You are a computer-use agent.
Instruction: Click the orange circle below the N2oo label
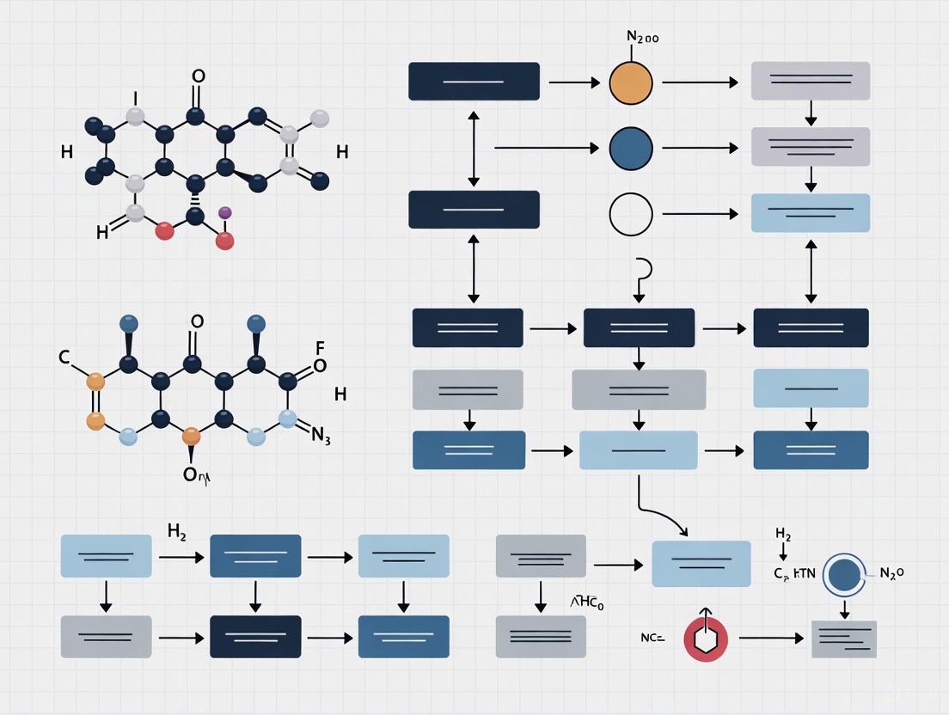[x=631, y=82]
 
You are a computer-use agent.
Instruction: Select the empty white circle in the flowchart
[x=631, y=214]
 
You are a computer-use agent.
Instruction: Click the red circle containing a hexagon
[x=705, y=639]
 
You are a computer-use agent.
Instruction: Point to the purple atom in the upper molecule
[x=225, y=211]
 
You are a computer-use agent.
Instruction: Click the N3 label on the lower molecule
[x=321, y=437]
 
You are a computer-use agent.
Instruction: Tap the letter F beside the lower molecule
[x=320, y=348]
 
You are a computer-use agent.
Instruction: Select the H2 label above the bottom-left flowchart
[x=176, y=533]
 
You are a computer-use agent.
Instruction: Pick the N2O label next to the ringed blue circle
[x=891, y=573]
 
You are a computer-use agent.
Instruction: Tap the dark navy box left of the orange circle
[x=474, y=82]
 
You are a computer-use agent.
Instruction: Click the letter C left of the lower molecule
[x=64, y=357]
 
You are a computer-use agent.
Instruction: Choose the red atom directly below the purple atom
[x=224, y=241]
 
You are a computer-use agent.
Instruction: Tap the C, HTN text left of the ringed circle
[x=793, y=574]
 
